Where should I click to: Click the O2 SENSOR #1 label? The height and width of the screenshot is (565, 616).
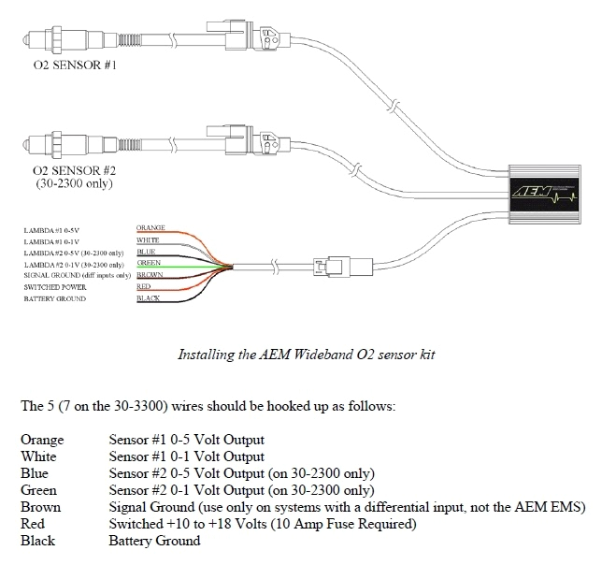pyautogui.click(x=74, y=69)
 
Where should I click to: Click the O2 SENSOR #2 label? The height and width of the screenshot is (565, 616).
pyautogui.click(x=74, y=171)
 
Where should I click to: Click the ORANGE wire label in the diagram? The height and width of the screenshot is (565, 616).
pyautogui.click(x=151, y=228)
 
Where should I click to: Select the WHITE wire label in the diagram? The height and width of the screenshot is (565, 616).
pyautogui.click(x=149, y=239)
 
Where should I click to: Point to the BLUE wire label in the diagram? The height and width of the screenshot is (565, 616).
pyautogui.click(x=147, y=251)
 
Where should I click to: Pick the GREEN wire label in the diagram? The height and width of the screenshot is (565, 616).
pyautogui.click(x=149, y=263)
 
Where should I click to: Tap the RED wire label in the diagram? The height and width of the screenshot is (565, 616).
pyautogui.click(x=144, y=286)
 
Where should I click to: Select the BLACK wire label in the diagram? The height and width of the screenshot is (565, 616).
pyautogui.click(x=148, y=297)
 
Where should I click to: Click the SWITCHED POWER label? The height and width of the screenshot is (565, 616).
pyautogui.click(x=55, y=287)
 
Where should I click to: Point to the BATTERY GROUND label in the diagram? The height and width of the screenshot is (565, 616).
pyautogui.click(x=55, y=298)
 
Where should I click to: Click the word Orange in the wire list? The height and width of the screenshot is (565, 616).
pyautogui.click(x=40, y=439)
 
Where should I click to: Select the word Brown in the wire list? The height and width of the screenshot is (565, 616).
pyautogui.click(x=39, y=506)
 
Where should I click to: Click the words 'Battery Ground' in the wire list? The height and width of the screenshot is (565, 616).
pyautogui.click(x=154, y=540)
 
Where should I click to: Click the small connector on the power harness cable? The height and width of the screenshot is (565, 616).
pyautogui.click(x=332, y=268)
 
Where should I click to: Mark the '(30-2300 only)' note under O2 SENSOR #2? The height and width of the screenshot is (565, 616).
pyautogui.click(x=74, y=183)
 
